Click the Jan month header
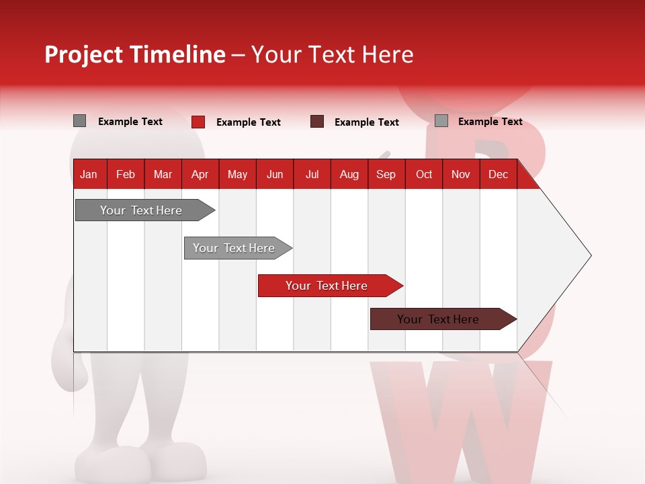click(x=89, y=174)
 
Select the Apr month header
click(x=200, y=174)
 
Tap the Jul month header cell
click(x=312, y=174)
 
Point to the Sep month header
click(x=386, y=174)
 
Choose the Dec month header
click(x=498, y=174)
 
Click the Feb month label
click(x=126, y=174)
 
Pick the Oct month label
click(x=424, y=174)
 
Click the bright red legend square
click(x=198, y=122)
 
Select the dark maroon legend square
click(x=317, y=122)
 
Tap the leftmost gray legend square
click(x=79, y=121)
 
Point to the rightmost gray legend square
click(x=441, y=121)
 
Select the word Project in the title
click(x=84, y=54)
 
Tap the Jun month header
click(x=274, y=174)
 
